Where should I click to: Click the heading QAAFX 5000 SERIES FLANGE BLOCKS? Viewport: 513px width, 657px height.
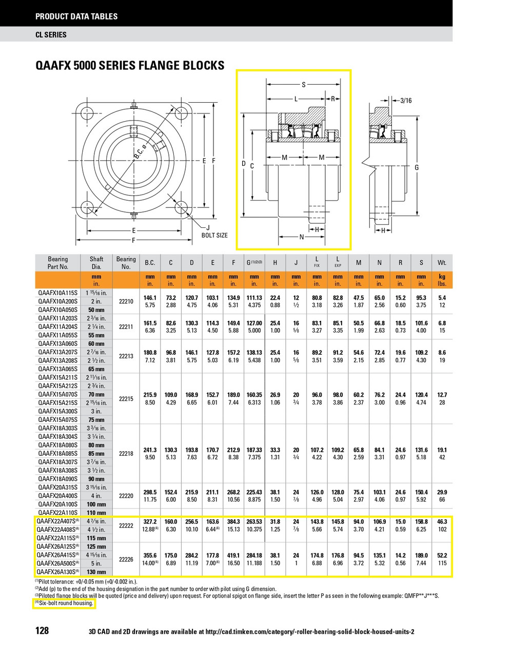[130, 66]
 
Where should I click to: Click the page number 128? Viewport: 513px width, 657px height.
[42, 630]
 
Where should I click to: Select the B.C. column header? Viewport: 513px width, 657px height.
[150, 263]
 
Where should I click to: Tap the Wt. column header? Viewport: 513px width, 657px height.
[442, 263]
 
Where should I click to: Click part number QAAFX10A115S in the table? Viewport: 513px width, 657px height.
[55, 293]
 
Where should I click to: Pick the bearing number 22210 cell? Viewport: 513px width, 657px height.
[126, 301]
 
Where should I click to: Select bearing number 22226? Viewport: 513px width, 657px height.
[126, 559]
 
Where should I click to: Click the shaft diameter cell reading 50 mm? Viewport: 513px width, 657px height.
[96, 310]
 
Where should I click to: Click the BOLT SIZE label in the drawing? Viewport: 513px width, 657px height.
[214, 235]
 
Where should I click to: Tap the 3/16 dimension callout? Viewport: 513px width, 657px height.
[405, 101]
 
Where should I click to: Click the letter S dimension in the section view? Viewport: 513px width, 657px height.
[303, 85]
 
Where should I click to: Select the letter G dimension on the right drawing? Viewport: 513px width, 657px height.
[417, 168]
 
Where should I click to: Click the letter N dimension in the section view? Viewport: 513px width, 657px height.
[302, 237]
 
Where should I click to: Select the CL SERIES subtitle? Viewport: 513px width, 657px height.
[51, 35]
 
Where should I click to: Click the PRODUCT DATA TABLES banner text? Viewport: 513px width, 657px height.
[76, 16]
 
